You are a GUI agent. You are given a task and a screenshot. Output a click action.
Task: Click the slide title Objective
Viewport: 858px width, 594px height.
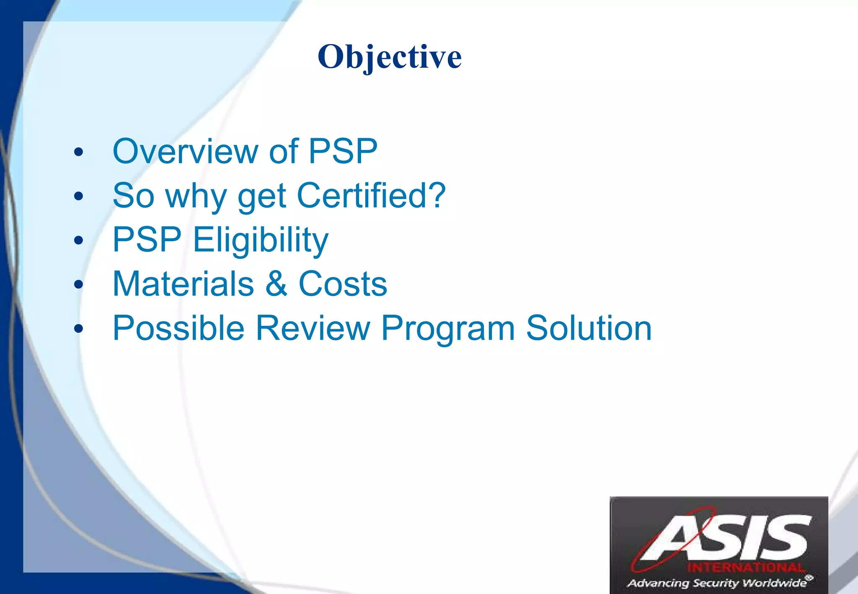pos(390,57)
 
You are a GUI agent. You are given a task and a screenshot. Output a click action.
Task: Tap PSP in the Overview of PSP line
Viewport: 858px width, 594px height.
pos(343,151)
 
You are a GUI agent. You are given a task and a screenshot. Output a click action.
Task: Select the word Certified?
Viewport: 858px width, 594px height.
pos(371,196)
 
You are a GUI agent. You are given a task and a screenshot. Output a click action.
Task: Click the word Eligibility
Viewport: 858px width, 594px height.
pos(261,240)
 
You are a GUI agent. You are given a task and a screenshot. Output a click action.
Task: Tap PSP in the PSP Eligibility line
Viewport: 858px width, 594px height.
pos(147,240)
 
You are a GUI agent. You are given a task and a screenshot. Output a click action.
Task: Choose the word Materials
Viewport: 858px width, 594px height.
pos(183,284)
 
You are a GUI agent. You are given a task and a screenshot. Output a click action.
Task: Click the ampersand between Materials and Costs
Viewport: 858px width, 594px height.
pos(276,284)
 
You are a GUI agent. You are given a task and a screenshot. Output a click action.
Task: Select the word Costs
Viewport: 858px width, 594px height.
pos(343,284)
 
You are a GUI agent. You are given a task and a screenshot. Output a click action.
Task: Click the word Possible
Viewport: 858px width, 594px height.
pos(178,328)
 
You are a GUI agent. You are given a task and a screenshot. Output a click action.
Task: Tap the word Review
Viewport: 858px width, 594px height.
pos(313,328)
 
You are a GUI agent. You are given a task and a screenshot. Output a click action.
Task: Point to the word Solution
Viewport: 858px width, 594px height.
pos(589,328)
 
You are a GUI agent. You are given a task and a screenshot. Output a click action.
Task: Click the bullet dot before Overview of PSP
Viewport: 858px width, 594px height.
pos(78,152)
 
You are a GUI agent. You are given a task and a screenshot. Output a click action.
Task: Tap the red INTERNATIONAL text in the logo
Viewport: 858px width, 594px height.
pos(746,568)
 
